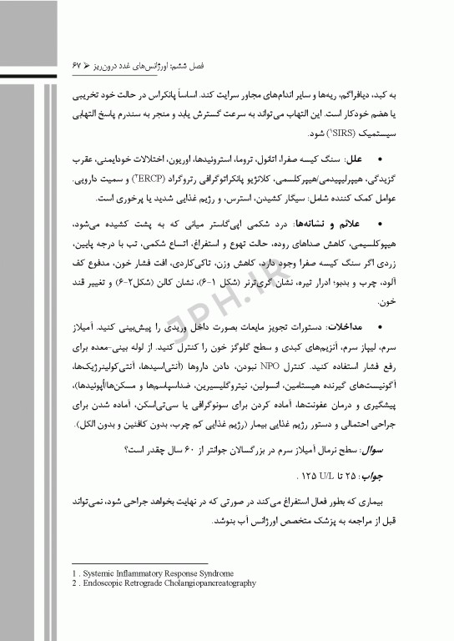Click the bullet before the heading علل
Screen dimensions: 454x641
tap(381, 157)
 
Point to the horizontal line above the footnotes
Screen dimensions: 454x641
tap(125, 564)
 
